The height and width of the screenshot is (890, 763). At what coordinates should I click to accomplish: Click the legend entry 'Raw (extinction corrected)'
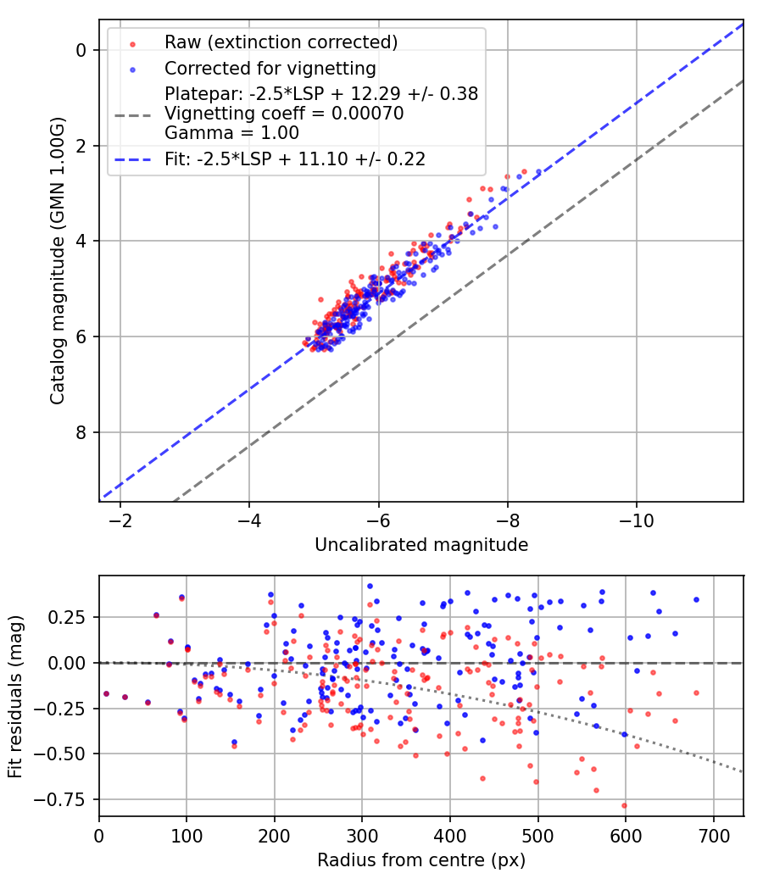click(x=281, y=42)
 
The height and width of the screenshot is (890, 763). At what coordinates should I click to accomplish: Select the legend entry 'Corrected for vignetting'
click(x=270, y=68)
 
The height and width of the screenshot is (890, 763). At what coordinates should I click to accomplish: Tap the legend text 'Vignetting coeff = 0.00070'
click(x=284, y=114)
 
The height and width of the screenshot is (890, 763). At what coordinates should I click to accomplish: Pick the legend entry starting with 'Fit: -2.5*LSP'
click(x=294, y=158)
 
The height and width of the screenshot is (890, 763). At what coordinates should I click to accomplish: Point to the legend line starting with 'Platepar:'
click(x=321, y=94)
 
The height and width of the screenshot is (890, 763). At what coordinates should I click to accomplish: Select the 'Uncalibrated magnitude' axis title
click(x=421, y=545)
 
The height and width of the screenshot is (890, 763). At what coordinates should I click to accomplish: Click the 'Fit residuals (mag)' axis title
click(x=15, y=696)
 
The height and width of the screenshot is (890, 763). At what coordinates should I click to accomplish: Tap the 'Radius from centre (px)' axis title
click(x=421, y=860)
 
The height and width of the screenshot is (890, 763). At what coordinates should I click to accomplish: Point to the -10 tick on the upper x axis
click(x=636, y=519)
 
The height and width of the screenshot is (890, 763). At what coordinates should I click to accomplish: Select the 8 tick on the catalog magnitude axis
click(x=81, y=432)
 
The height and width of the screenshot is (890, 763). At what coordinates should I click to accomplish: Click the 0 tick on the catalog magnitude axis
click(x=81, y=50)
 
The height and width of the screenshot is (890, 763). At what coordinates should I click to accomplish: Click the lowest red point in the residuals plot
click(x=625, y=805)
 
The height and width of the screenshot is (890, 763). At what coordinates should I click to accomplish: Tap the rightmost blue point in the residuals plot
click(x=696, y=599)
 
